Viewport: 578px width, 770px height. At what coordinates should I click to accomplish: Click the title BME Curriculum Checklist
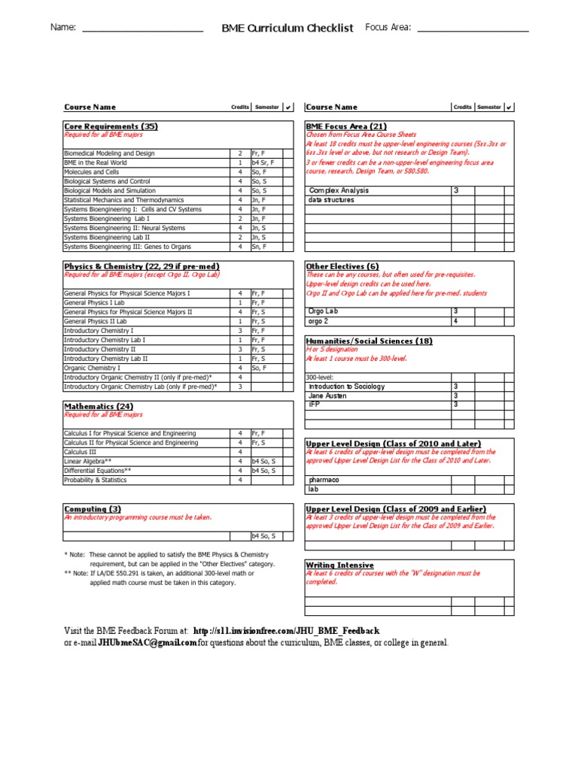pos(287,28)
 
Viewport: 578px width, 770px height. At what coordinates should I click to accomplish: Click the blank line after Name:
pos(141,29)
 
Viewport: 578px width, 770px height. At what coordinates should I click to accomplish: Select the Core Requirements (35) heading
pos(111,126)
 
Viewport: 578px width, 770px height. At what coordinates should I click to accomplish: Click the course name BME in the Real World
pos(96,162)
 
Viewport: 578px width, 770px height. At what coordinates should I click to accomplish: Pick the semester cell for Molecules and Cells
pos(263,172)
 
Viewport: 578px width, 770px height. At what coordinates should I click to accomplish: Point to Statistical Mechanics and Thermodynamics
pos(123,200)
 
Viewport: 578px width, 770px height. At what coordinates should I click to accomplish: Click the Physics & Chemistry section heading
pos(141,266)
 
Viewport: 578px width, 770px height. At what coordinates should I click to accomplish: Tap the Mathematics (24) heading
pos(99,406)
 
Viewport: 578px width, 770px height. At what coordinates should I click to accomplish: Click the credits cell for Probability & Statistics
pos(240,480)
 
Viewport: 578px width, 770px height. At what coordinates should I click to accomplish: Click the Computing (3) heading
pos(93,509)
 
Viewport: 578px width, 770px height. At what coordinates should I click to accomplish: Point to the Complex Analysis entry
pos(339,191)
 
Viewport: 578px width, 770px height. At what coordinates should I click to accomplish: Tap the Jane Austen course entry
pos(327,396)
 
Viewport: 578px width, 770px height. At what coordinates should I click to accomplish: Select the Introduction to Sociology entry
pos(346,387)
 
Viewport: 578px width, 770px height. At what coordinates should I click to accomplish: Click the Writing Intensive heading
pos(339,565)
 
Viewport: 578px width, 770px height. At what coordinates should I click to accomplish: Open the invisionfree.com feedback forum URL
pos(286,630)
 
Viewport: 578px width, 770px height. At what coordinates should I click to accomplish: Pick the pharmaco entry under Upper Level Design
pos(324,480)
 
